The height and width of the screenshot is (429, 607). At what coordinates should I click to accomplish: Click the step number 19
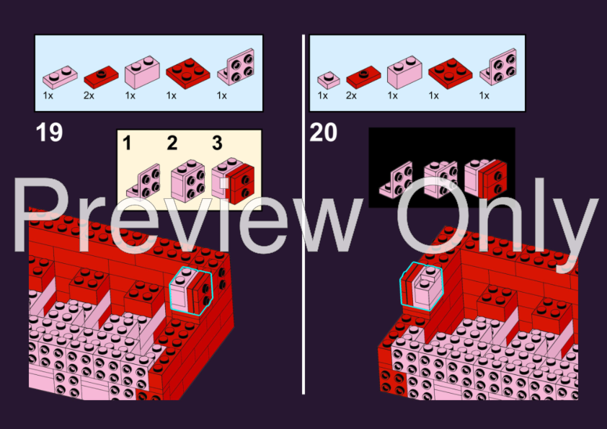49,133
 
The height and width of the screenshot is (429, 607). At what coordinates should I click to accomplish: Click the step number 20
324,133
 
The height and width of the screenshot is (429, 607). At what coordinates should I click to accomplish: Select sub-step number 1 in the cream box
127,143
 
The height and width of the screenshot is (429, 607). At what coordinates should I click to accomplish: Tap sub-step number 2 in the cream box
172,143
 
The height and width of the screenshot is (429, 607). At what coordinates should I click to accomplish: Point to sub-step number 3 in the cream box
217,143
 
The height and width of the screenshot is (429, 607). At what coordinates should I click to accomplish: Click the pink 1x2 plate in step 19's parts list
60,76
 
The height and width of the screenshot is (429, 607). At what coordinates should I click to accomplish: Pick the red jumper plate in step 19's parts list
101,76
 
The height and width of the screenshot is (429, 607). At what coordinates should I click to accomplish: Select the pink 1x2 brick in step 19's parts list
142,72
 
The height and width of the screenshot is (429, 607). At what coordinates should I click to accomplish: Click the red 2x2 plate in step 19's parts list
187,73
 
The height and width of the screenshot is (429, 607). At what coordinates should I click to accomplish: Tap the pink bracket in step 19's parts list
236,67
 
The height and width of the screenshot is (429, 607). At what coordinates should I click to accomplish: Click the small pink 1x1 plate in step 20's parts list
329,80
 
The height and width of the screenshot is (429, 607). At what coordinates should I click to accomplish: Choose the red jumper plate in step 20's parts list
363,76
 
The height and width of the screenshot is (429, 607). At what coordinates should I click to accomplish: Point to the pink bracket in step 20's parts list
499,67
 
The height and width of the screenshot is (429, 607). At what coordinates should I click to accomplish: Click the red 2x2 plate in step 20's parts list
451,73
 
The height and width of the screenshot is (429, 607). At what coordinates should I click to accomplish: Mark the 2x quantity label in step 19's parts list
89,95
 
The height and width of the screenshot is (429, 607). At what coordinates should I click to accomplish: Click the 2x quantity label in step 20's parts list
351,95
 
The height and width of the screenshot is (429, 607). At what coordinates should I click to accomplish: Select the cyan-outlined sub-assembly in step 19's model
191,291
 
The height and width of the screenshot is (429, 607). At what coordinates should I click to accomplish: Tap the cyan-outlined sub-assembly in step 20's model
421,286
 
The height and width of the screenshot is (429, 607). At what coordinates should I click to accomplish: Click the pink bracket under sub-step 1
143,181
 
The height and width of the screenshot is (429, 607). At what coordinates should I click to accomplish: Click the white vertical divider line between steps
303,215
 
